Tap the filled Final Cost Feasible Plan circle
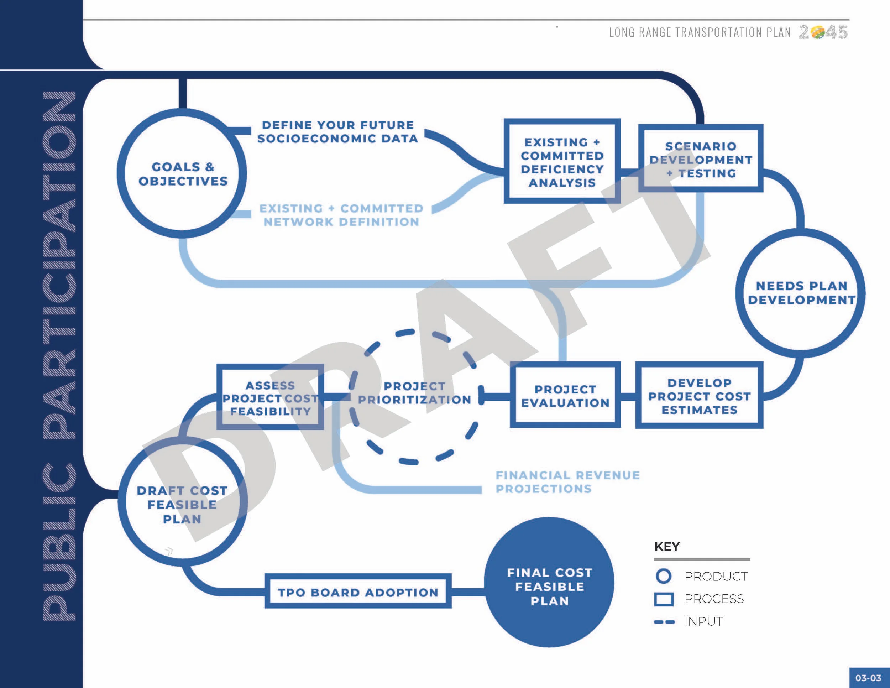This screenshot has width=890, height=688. click(549, 582)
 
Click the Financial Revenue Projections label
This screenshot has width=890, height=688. click(567, 482)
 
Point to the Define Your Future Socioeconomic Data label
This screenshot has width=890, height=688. click(338, 131)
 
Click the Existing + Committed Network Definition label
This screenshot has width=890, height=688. click(341, 215)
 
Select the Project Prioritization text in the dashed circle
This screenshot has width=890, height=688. click(414, 392)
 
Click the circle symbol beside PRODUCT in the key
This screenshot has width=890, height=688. click(664, 576)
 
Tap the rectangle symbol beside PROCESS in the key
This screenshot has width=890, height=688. click(664, 599)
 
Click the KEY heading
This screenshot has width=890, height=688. click(667, 546)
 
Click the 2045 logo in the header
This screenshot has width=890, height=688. click(823, 32)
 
